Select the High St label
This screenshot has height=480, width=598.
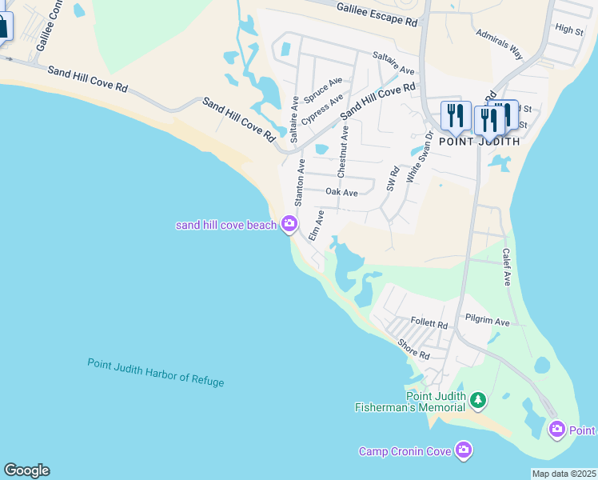[x=568, y=30]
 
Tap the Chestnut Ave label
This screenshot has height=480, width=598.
[x=344, y=151]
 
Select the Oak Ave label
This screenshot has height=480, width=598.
[x=341, y=192]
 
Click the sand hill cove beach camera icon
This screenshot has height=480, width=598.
[x=289, y=225]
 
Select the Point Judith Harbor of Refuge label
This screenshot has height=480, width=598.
[x=156, y=373]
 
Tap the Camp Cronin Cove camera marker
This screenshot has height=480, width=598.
[x=463, y=451]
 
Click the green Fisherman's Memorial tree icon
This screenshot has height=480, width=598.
[x=477, y=398]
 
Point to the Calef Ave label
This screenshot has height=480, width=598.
[x=506, y=266]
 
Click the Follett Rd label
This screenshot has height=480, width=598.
[x=429, y=323]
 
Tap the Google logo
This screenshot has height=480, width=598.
[x=26, y=470]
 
